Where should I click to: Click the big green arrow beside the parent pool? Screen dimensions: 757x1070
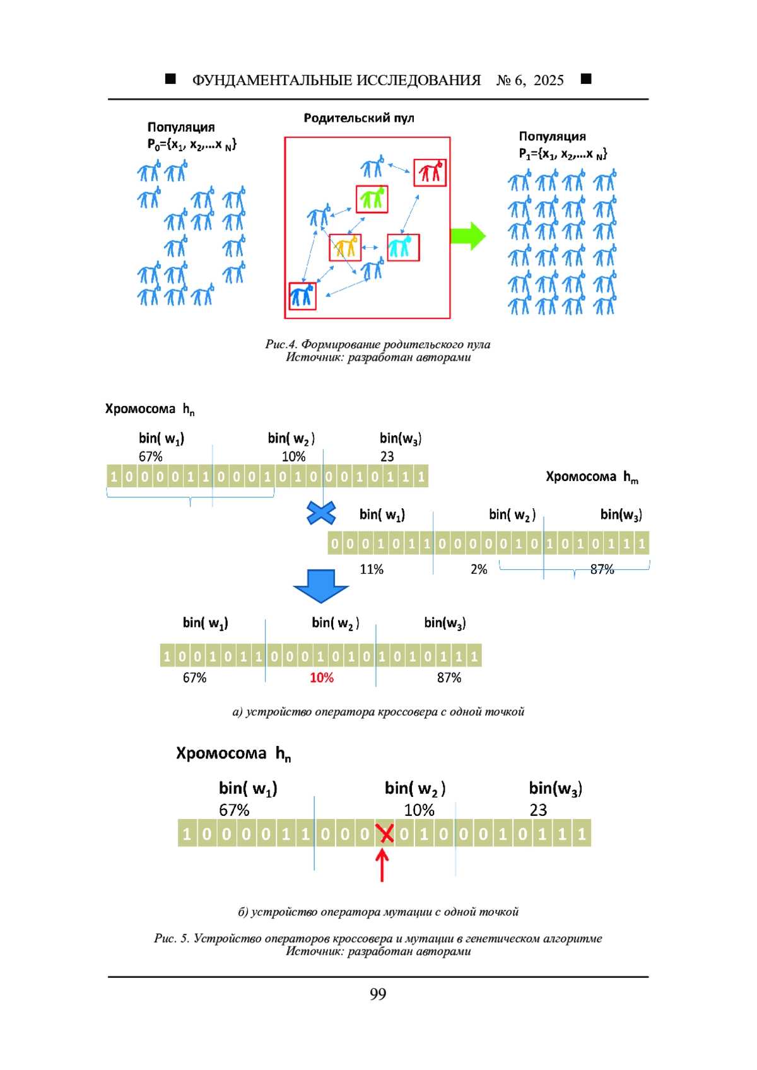(x=468, y=235)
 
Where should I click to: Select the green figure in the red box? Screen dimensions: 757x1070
(x=372, y=198)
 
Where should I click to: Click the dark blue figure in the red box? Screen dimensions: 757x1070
(x=303, y=295)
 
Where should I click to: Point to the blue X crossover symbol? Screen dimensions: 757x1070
(x=320, y=513)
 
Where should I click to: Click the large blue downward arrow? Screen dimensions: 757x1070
(x=320, y=586)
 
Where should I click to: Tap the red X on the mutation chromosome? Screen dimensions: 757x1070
(x=384, y=834)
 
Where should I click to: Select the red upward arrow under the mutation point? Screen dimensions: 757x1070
(x=382, y=866)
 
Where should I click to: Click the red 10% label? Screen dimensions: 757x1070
(x=322, y=677)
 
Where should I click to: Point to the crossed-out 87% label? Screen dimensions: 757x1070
(x=602, y=569)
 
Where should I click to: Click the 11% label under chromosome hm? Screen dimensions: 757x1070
(x=372, y=569)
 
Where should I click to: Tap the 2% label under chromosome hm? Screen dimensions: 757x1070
(x=478, y=569)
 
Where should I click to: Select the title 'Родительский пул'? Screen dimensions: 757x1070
(x=359, y=118)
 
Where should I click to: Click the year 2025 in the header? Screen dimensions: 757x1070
(x=549, y=80)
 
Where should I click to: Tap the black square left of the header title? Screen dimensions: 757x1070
(x=170, y=79)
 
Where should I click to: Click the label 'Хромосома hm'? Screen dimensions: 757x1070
(x=592, y=477)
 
